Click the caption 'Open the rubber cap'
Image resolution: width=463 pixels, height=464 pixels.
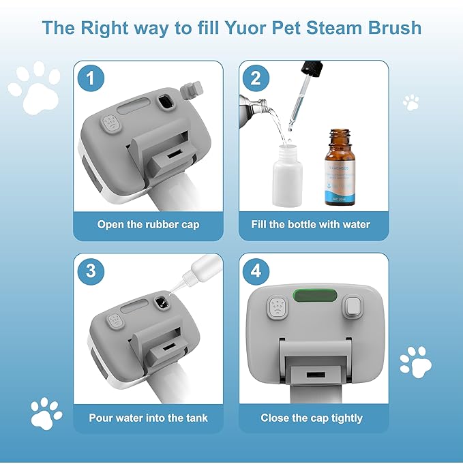tap(148, 224)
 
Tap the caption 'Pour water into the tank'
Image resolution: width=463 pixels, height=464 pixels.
tap(148, 418)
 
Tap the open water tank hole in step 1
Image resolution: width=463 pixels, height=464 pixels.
tap(164, 103)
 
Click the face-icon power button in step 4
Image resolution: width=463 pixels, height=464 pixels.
tap(277, 307)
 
